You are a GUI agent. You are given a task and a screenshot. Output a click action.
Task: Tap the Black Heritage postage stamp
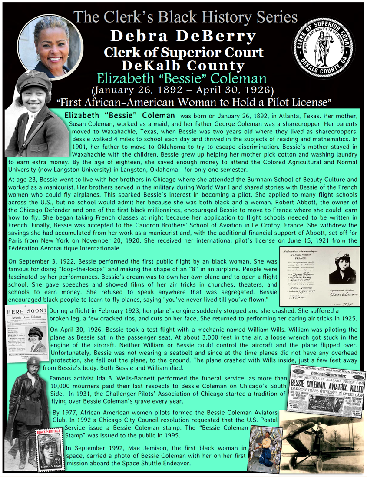[49, 453]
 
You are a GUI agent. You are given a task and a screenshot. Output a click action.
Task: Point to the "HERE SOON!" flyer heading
[26, 312]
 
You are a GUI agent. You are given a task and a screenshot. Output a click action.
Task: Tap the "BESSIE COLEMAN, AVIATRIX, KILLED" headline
[326, 385]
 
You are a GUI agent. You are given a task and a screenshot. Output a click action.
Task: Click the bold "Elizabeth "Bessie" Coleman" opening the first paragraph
[119, 116]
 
